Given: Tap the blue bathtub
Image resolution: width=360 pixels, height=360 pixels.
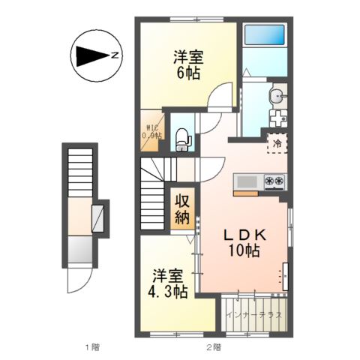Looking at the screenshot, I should [x=265, y=35].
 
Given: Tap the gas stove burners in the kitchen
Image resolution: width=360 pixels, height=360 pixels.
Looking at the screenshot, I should [x=272, y=181].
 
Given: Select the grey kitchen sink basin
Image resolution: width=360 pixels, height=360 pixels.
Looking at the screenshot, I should [x=247, y=181].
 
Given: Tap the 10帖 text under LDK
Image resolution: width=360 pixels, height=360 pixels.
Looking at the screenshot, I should [x=243, y=252].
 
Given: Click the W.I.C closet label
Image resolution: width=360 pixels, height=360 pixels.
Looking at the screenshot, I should [x=153, y=131].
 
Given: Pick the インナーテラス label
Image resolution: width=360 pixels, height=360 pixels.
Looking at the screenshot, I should [x=253, y=314].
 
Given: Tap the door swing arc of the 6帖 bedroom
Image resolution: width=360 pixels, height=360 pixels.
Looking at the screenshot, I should [x=219, y=100].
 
